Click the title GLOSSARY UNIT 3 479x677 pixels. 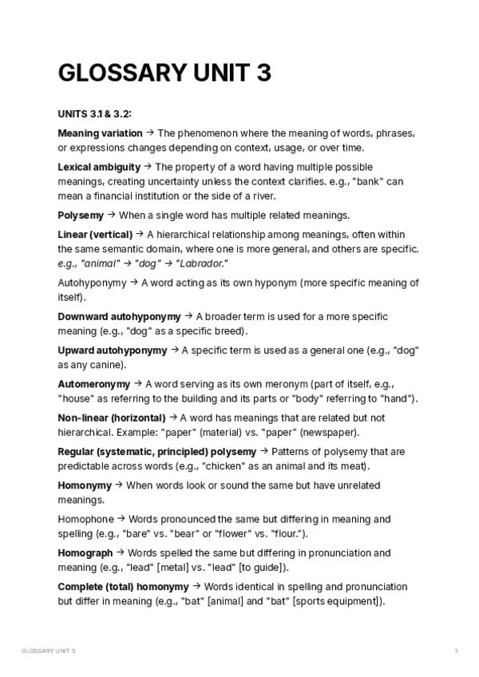point(164,73)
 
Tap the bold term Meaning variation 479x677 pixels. point(100,133)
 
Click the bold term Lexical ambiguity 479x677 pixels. point(99,167)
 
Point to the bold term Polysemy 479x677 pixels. point(81,216)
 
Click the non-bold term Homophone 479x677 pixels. point(86,519)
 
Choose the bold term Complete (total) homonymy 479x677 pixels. point(123,587)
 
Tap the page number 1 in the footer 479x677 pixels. point(455,652)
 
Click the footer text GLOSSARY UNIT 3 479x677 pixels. point(49,652)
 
